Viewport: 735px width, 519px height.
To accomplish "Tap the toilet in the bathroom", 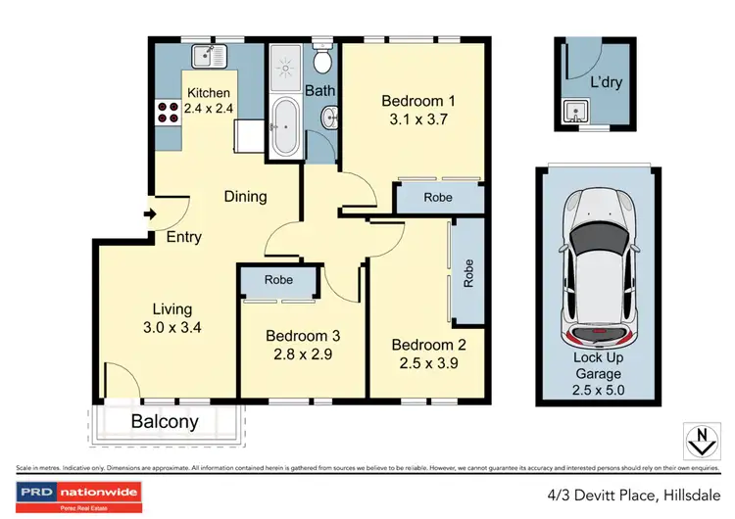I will pos(321,60).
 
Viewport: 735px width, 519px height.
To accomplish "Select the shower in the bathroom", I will pos(286,64).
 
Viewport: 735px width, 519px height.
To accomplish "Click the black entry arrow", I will pos(149,214).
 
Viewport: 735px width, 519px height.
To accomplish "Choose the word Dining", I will pos(245,196).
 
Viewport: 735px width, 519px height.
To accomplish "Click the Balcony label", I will pos(166,423).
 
